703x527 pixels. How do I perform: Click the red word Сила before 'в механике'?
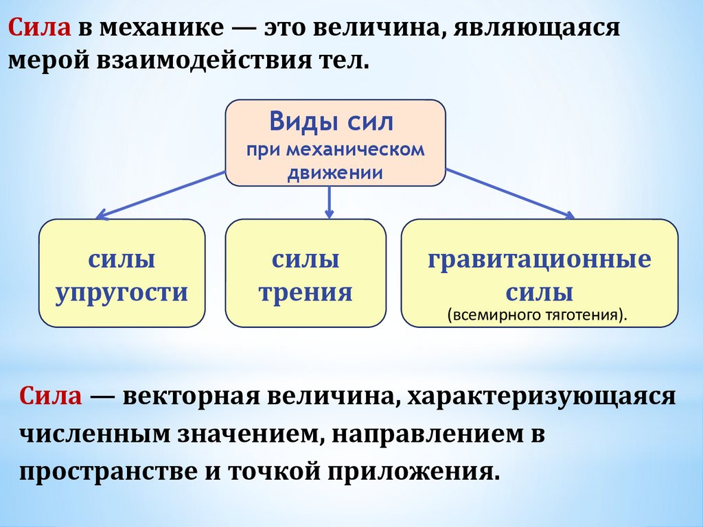[38, 29]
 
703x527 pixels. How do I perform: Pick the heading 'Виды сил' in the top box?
[331, 124]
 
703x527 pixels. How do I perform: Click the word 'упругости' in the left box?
[122, 292]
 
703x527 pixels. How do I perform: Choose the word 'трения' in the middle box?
[306, 292]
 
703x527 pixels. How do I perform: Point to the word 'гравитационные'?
[539, 260]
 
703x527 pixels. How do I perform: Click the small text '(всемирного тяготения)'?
[538, 316]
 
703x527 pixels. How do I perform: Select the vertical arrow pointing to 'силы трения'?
[330, 202]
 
